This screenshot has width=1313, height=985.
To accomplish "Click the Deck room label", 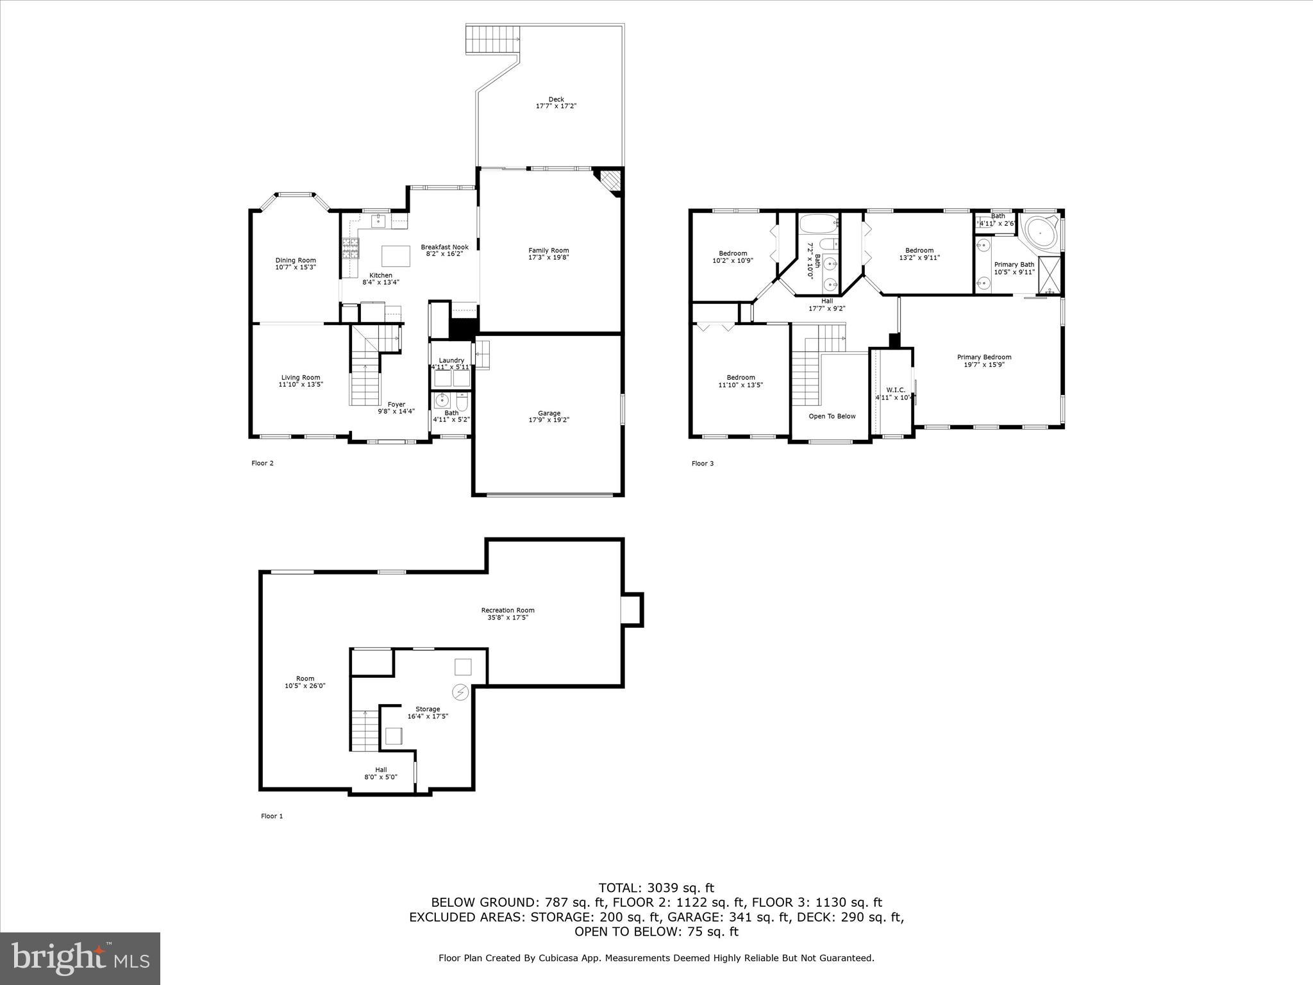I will pyautogui.click(x=556, y=99).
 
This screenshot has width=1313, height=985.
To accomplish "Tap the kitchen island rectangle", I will pyautogui.click(x=396, y=256).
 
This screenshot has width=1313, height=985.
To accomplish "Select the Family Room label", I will pyautogui.click(x=548, y=251).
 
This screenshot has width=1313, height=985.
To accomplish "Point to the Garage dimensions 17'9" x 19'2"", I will pyautogui.click(x=549, y=420).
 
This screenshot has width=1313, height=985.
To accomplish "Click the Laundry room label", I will pyautogui.click(x=451, y=360).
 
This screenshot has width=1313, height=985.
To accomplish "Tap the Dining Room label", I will pyautogui.click(x=296, y=260).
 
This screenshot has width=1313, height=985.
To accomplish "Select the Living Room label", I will pyautogui.click(x=301, y=378).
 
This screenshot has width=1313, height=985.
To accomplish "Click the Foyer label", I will pyautogui.click(x=396, y=405).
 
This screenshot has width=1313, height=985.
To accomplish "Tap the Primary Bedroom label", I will pyautogui.click(x=984, y=357).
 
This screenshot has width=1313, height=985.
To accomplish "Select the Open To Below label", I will pyautogui.click(x=832, y=416).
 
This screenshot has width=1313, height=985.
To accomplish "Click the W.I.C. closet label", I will pyautogui.click(x=896, y=390).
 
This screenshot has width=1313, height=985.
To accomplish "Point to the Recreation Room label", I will pyautogui.click(x=508, y=610).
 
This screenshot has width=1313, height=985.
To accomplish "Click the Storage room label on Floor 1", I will pyautogui.click(x=428, y=709).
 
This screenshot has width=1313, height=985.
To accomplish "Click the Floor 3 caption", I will pyautogui.click(x=702, y=464).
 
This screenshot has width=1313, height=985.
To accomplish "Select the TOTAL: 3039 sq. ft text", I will pyautogui.click(x=656, y=888).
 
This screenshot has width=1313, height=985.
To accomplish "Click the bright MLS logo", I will pyautogui.click(x=80, y=959).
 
